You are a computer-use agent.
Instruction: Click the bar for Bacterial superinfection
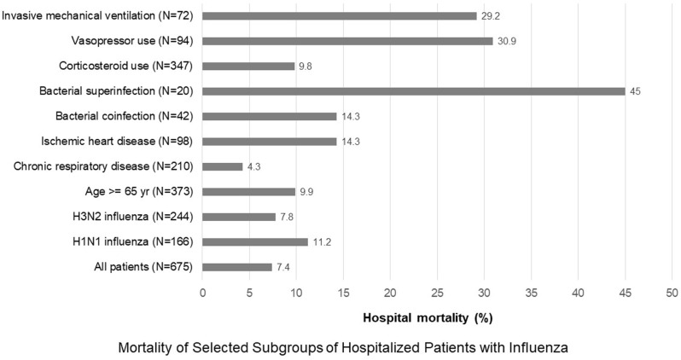pyautogui.click(x=413, y=91)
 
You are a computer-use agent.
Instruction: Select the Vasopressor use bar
pyautogui.click(x=347, y=41)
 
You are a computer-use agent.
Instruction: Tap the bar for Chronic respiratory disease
pyautogui.click(x=223, y=166)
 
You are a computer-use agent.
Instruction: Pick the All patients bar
pyautogui.click(x=237, y=267)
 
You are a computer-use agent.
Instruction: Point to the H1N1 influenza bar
pyautogui.click(x=255, y=242)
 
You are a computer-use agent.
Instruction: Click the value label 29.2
pyautogui.click(x=491, y=16)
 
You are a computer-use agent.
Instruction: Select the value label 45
pyautogui.click(x=635, y=91)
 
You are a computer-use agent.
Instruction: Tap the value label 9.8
pyautogui.click(x=306, y=67)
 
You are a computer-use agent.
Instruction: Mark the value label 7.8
pyautogui.click(x=287, y=217)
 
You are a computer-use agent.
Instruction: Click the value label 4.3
pyautogui.click(x=253, y=166)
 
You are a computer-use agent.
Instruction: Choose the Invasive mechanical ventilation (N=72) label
pyautogui.click(x=97, y=16)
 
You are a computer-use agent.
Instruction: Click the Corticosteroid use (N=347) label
pyautogui.click(x=126, y=66)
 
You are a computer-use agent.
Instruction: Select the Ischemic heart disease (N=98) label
pyautogui.click(x=117, y=141)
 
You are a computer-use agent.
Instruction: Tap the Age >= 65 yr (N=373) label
pyautogui.click(x=139, y=191)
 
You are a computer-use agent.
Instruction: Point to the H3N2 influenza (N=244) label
pyautogui.click(x=133, y=217)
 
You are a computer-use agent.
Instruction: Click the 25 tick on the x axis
pyautogui.click(x=437, y=293)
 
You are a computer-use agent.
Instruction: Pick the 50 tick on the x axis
pyautogui.click(x=672, y=293)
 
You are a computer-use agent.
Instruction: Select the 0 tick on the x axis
pyautogui.click(x=202, y=293)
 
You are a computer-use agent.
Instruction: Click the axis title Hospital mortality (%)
pyautogui.click(x=428, y=318)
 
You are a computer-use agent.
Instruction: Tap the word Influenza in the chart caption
pyautogui.click(x=541, y=348)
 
